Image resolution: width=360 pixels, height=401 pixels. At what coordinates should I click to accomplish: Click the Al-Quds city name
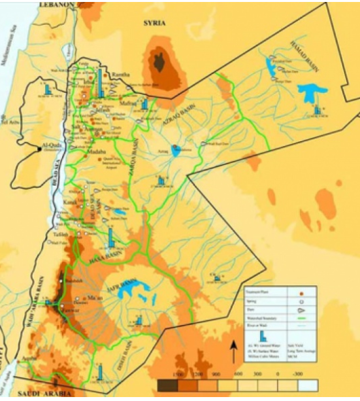50,146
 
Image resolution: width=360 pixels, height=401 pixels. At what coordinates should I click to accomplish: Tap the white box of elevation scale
306,385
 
